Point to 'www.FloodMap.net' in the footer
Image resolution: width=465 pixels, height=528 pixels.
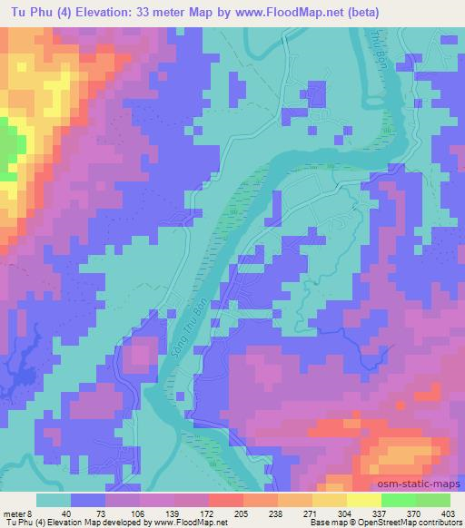[189, 523]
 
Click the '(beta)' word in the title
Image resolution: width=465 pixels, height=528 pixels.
[355, 12]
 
